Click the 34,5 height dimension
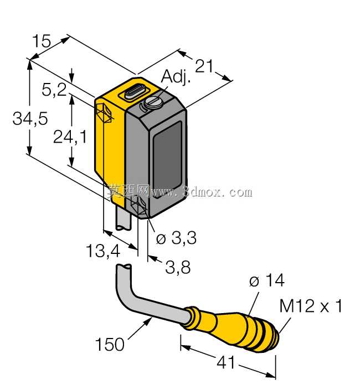(x=30, y=118)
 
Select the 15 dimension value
(x=42, y=41)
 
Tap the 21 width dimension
(x=204, y=66)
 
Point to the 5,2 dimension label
(x=54, y=90)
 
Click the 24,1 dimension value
(x=70, y=137)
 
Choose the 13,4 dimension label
(x=103, y=251)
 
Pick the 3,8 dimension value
(x=178, y=267)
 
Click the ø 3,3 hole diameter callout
(x=176, y=238)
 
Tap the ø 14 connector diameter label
(x=267, y=280)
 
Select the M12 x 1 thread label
(x=311, y=306)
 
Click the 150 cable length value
(x=110, y=344)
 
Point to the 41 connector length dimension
(x=225, y=362)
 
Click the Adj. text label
(x=176, y=76)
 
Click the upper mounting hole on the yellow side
(x=104, y=113)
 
